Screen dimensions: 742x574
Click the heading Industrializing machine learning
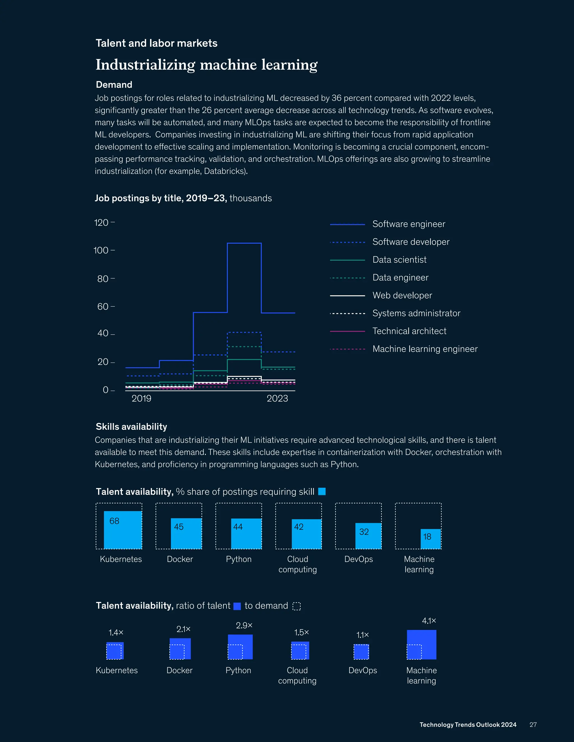point(206,65)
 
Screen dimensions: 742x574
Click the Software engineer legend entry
point(409,224)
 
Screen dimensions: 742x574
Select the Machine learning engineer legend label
point(425,349)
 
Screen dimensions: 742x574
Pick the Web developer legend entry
point(402,296)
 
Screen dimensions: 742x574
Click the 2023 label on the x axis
point(277,398)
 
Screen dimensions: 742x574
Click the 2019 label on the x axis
point(142,398)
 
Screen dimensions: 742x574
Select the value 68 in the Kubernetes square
point(114,521)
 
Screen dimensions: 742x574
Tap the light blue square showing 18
point(430,539)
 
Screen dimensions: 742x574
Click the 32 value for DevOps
point(364,532)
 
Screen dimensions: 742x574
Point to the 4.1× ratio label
point(429,621)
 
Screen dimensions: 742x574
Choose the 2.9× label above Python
point(244,625)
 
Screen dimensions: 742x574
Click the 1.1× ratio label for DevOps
point(362,635)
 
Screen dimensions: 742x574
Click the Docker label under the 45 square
point(180,559)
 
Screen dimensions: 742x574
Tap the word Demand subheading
point(114,85)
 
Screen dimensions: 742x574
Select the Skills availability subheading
point(131,427)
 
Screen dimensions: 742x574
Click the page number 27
point(533,725)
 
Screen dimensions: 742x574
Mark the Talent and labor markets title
point(156,43)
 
